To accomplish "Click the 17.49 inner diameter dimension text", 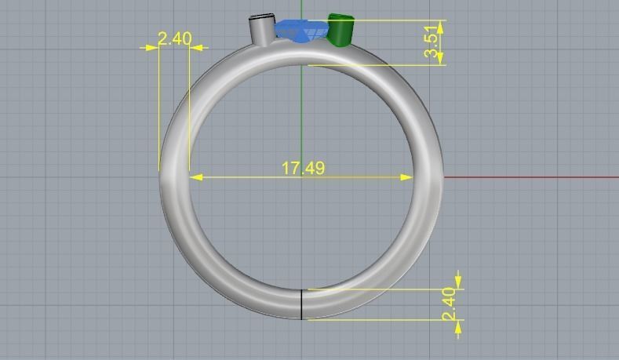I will (x=303, y=168).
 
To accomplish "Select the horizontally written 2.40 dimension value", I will (x=174, y=38).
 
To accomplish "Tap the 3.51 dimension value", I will (x=431, y=42).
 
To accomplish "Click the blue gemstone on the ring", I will (x=301, y=31).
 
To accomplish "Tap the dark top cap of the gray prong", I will (x=261, y=16).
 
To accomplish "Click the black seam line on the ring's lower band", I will (x=302, y=304).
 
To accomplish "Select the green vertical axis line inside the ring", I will (x=302, y=118).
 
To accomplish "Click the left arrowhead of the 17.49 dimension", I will (x=195, y=177).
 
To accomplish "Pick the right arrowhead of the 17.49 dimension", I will (x=407, y=177).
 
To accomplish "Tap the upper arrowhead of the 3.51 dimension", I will (x=440, y=26).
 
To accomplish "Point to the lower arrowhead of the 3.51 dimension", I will (x=440, y=59).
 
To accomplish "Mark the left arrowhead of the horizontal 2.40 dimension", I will (x=151, y=48).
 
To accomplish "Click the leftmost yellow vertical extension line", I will (x=159, y=110).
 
